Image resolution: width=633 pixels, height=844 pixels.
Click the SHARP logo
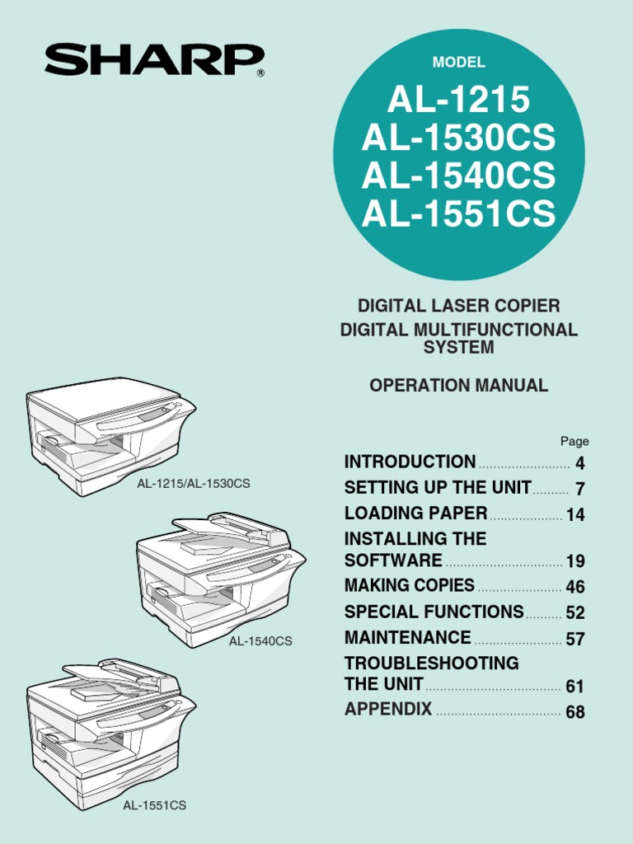click(x=155, y=60)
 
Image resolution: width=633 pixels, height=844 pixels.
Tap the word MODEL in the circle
click(x=459, y=63)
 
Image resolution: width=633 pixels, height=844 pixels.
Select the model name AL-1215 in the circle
click(x=459, y=101)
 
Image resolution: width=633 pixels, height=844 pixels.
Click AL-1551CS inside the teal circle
click(x=459, y=213)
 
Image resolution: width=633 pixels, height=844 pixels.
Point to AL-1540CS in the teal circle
click(x=459, y=176)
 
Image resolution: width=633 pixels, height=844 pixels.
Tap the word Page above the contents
click(x=574, y=441)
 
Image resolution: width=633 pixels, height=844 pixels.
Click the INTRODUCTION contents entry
click(x=410, y=462)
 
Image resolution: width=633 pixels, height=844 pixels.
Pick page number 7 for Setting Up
click(x=579, y=490)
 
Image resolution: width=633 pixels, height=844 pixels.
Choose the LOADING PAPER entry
click(x=415, y=513)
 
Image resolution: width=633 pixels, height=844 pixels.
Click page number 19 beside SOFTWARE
click(x=575, y=562)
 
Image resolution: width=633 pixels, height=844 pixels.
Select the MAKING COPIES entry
click(x=409, y=585)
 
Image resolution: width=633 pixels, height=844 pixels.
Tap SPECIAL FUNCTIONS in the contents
click(x=434, y=612)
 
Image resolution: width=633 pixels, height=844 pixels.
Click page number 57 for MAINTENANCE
click(x=575, y=640)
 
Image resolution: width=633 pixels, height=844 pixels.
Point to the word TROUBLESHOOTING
click(x=431, y=663)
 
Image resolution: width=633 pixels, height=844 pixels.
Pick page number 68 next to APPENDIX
click(x=575, y=712)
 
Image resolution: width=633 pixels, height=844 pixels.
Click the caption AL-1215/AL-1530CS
click(x=193, y=483)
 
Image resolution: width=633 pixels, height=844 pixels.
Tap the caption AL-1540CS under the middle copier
click(x=260, y=640)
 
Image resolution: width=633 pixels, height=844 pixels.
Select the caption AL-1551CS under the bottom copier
click(x=155, y=805)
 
